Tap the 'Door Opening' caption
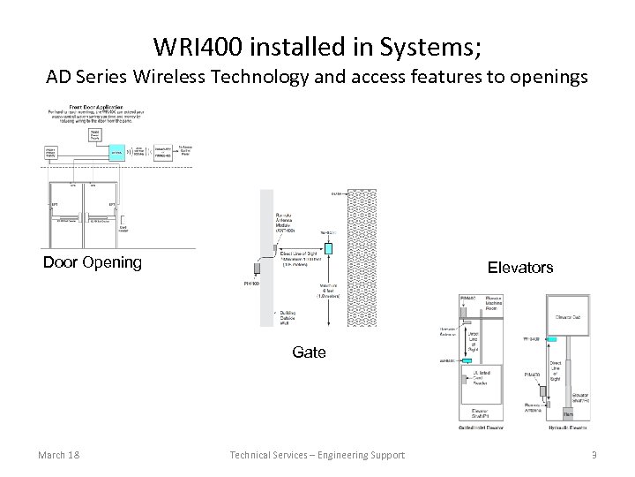93,262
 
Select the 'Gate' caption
309,352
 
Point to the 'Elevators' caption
520,267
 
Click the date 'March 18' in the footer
59,455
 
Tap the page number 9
594,455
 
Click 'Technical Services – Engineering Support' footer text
317,455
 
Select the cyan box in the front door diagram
116,152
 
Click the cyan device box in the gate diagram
327,248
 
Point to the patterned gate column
363,256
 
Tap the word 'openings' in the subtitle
549,77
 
